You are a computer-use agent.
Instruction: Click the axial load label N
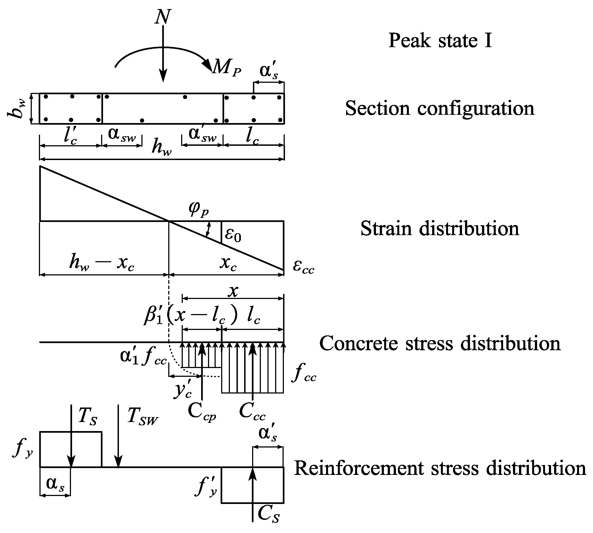[163, 17]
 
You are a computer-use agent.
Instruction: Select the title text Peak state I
[440, 40]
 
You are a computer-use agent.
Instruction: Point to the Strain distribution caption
[440, 229]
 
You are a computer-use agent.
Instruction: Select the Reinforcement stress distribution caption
[440, 469]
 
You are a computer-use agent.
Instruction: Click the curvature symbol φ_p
[199, 209]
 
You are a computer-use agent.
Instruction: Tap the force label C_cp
[202, 411]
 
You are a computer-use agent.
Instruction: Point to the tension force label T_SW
[142, 416]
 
